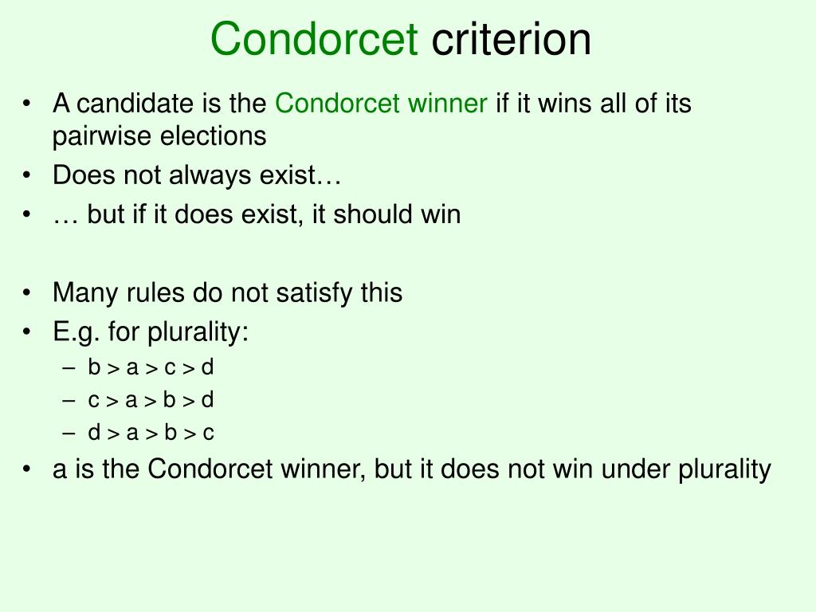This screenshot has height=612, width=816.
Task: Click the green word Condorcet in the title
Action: click(x=315, y=40)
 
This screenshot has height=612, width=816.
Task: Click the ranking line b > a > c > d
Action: click(x=151, y=367)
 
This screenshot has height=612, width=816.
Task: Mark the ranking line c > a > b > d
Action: click(x=151, y=400)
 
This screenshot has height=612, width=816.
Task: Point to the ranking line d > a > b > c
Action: click(x=151, y=433)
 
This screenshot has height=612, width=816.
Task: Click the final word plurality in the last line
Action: click(x=724, y=469)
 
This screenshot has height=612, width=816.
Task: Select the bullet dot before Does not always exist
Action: click(x=29, y=175)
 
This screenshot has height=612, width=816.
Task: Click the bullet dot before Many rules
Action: click(x=29, y=292)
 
